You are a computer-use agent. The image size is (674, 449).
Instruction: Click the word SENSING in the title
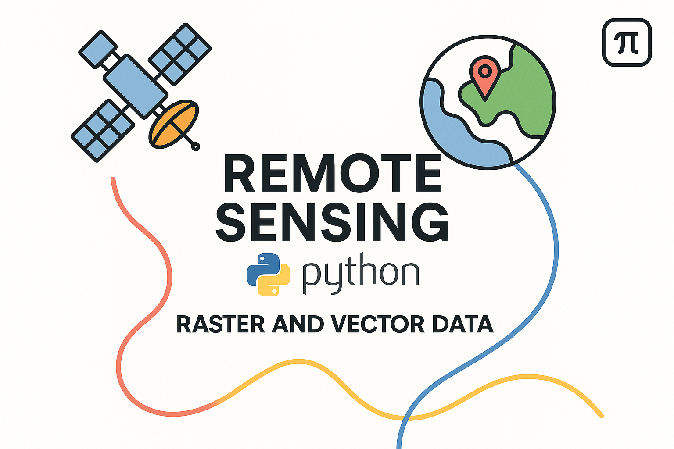332,222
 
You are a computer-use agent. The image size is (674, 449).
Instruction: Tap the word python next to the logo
360,274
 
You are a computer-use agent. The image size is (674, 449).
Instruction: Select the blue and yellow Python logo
268,274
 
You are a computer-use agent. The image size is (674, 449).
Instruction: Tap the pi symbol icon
627,43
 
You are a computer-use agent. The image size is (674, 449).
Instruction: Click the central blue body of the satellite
135,86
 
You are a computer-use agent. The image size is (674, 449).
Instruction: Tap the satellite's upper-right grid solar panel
180,54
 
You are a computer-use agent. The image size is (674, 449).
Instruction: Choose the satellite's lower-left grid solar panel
103,130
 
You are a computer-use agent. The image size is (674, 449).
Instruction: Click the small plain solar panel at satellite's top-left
97,49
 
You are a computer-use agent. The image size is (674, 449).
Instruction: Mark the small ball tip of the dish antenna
196,147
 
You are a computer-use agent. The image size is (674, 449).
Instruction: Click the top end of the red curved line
113,179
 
